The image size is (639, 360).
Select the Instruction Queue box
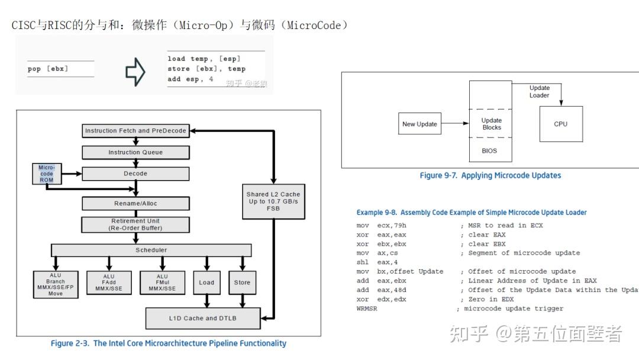point(135,152)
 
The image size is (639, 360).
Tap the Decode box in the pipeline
point(135,173)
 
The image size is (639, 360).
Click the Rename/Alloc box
point(135,203)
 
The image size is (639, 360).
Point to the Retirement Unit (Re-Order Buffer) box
point(135,224)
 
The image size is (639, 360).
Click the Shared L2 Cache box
point(273,201)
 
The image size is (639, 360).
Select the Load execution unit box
point(206,282)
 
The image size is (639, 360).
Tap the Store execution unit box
point(242,282)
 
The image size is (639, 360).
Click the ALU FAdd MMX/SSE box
point(109,282)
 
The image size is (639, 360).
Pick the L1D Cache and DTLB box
point(204,318)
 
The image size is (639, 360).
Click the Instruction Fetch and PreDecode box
point(135,130)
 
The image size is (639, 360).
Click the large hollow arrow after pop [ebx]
point(135,72)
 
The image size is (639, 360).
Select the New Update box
point(419,124)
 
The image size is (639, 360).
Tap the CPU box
point(560,124)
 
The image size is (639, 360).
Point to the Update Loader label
point(539,92)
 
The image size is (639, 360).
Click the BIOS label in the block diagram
point(489,151)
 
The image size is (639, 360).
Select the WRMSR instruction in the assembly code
point(367,308)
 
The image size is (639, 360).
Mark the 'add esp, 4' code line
point(191,79)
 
